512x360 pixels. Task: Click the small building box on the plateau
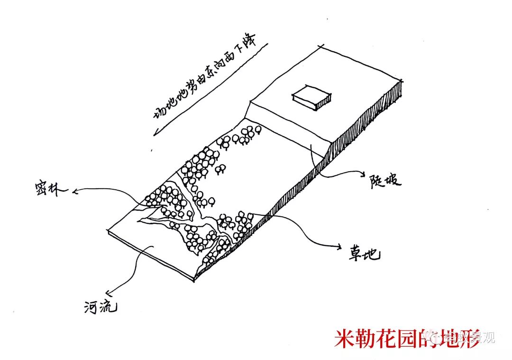click(x=311, y=98)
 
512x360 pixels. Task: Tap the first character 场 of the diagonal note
click(x=158, y=113)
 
